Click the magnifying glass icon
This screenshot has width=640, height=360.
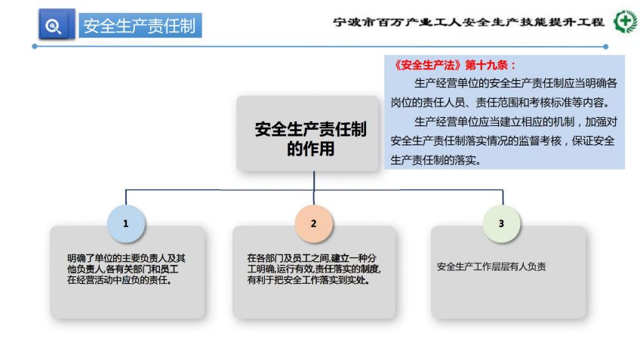click(53, 26)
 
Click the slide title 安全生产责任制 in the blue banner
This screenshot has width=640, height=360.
click(140, 26)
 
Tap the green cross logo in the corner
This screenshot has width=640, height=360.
click(626, 21)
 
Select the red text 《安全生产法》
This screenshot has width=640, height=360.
click(427, 66)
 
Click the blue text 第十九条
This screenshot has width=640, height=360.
click(486, 66)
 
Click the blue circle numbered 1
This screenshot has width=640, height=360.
click(126, 223)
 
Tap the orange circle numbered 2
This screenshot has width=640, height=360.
click(313, 223)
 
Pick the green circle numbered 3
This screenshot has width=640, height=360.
click(501, 223)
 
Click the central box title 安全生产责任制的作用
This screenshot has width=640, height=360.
click(311, 139)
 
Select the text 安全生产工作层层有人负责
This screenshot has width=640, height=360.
click(491, 267)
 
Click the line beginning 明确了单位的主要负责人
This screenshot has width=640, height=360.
click(127, 258)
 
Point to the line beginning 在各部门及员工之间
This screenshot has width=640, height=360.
click(312, 258)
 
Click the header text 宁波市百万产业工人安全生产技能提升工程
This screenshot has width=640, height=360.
click(469, 22)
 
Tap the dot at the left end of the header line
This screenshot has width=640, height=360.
click(35, 47)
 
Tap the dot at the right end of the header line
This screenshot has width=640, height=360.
click(606, 47)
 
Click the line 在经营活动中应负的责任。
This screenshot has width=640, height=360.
click(119, 281)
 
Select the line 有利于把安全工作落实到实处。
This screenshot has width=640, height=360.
click(308, 281)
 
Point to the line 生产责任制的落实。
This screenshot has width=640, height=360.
click(436, 160)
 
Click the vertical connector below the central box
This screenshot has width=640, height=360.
click(314, 188)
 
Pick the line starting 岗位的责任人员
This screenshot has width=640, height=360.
click(500, 103)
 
